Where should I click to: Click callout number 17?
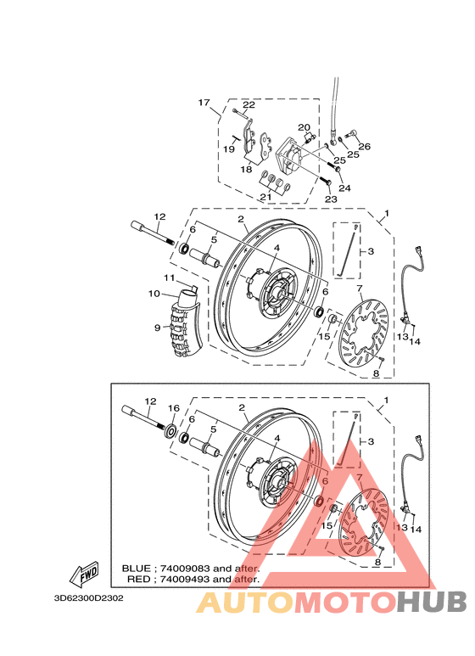pos(204,103)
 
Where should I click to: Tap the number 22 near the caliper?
pos(249,105)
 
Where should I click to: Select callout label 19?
pos(229,149)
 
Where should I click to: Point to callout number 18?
pos(246,170)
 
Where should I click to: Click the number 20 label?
pos(304,128)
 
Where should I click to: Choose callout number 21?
pos(265,198)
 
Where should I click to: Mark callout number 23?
pos(330,199)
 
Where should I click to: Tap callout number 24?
pos(344,188)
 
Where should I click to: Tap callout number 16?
pos(173,408)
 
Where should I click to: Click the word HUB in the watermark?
pos(432,602)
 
